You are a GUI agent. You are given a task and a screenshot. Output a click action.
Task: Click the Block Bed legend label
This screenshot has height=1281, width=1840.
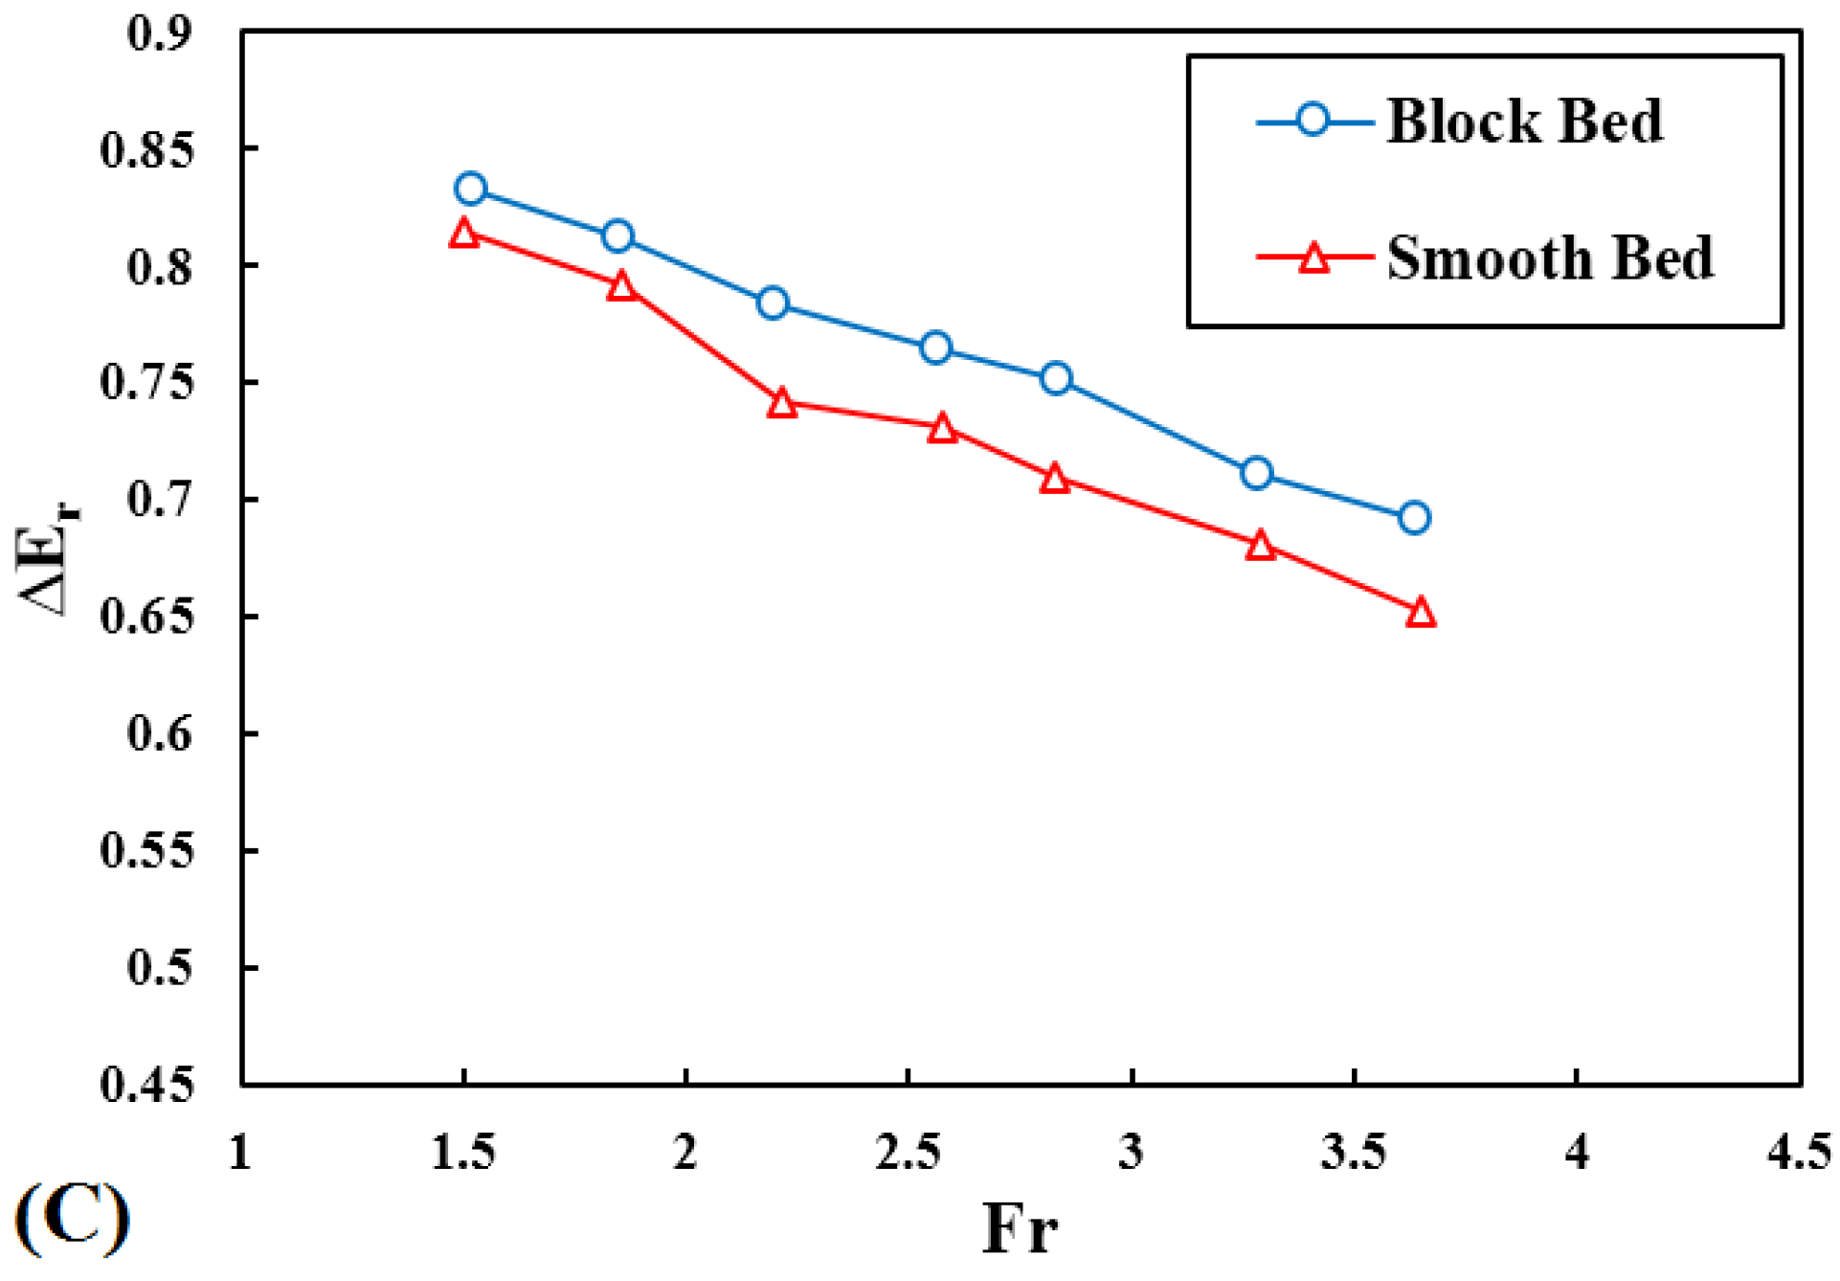tap(1524, 122)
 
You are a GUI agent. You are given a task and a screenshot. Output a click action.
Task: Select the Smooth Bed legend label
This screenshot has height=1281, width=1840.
tap(1549, 258)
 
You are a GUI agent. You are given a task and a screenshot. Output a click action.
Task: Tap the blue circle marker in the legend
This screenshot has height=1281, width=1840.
tap(1313, 120)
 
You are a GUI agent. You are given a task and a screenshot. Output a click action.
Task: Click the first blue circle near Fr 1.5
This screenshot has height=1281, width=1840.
tap(470, 189)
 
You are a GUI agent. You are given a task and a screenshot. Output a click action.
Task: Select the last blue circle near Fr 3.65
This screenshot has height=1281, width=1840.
tap(1414, 518)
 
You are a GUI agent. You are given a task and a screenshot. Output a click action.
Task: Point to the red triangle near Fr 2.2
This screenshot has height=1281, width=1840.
tap(781, 403)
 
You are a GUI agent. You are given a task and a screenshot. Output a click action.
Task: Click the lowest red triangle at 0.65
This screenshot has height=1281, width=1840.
tap(1421, 613)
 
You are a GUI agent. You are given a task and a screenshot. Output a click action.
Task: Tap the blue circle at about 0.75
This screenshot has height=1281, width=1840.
tap(1055, 378)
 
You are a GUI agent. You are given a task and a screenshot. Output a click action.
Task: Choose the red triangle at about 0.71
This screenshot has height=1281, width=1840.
tap(1054, 479)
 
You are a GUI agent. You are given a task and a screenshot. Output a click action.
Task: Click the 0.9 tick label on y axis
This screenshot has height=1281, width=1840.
tap(159, 34)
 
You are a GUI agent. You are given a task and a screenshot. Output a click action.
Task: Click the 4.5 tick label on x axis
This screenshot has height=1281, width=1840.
tap(1798, 1151)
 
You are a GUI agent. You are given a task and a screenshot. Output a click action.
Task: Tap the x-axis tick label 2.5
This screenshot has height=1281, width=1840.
tap(908, 1151)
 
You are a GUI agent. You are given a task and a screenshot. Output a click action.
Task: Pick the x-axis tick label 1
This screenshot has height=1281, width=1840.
tap(240, 1151)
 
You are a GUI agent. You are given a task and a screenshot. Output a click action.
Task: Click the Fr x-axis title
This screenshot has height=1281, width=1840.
tap(1021, 1228)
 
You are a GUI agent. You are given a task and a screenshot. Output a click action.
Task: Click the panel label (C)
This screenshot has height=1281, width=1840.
tap(73, 1218)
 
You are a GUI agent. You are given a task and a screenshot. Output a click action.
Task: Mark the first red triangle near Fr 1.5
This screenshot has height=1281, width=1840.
tap(463, 234)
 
